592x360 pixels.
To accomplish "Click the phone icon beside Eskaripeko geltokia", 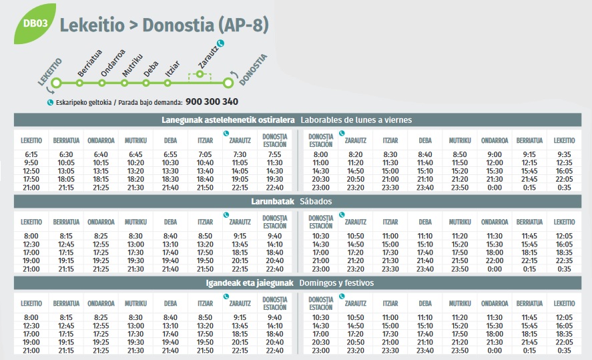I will [x=50, y=102].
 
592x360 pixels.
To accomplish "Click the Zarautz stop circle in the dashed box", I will [x=200, y=73].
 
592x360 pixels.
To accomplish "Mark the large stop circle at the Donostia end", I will [x=228, y=83].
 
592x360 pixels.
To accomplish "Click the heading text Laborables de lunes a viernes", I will [x=356, y=120].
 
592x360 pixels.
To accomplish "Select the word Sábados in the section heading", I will [x=316, y=201].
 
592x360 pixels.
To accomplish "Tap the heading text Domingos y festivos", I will [x=336, y=283].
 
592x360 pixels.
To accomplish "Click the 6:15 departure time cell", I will [x=31, y=154].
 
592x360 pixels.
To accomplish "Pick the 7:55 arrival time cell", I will [x=275, y=154].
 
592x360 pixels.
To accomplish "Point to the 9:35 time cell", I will [x=564, y=154].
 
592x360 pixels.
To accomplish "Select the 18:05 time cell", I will [x=66, y=179].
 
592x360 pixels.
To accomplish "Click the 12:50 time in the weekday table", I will [x=31, y=171].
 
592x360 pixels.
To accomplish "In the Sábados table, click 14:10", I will [x=275, y=244].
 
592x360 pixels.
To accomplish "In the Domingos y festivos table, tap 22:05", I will [x=564, y=341].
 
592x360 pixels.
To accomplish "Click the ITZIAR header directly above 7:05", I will [x=205, y=140].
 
